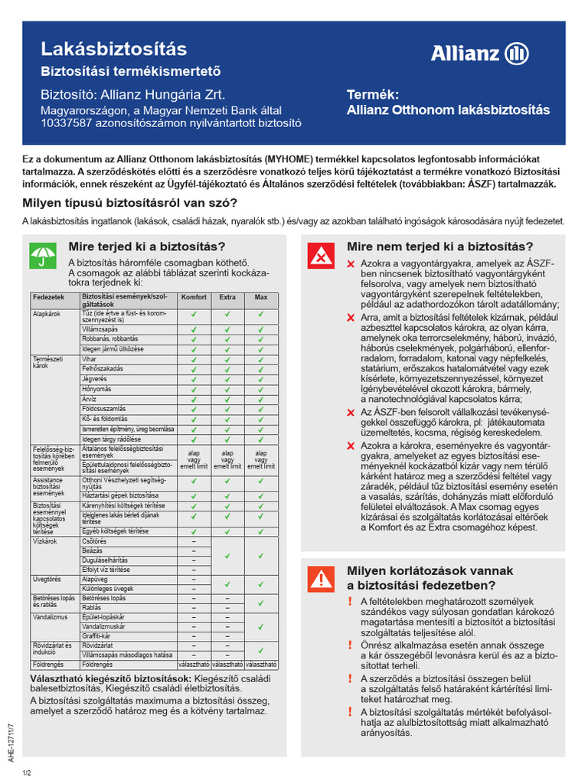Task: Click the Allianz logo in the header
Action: [x=479, y=54]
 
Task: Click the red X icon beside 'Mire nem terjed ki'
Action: [x=320, y=256]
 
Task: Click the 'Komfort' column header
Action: [x=194, y=297]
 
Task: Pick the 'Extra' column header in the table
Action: [x=227, y=297]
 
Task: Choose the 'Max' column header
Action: [x=260, y=297]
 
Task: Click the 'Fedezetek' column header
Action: [x=48, y=297]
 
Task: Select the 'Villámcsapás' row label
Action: [x=100, y=328]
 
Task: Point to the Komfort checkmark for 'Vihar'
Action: [x=194, y=358]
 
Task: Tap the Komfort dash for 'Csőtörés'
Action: [x=194, y=541]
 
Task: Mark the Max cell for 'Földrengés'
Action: [x=260, y=664]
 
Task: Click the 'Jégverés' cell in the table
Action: [x=95, y=378]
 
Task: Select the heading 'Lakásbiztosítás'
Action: [x=113, y=49]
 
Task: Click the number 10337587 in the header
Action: [x=66, y=122]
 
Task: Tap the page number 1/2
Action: [x=27, y=773]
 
